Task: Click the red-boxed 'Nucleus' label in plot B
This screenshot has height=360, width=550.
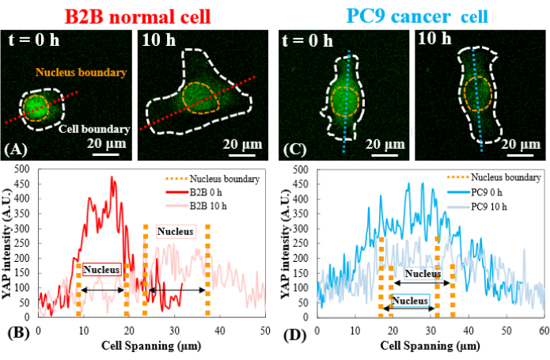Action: tap(103, 270)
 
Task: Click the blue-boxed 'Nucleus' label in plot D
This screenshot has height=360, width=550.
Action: tap(410, 301)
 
